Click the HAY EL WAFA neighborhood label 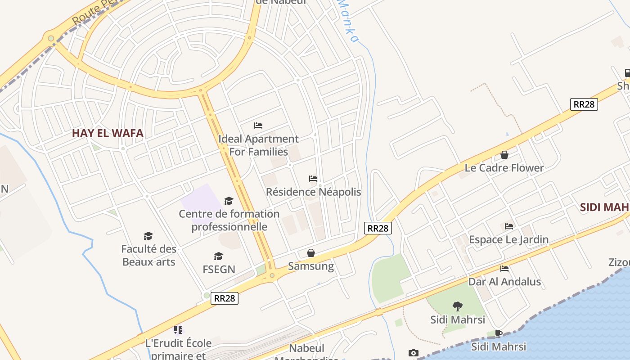[x=108, y=133]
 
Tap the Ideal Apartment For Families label [x=258, y=145]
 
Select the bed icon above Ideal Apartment [x=258, y=125]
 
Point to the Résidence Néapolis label [x=313, y=192]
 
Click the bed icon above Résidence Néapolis [x=313, y=179]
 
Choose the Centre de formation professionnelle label [x=229, y=220]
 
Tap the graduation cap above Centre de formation [x=229, y=201]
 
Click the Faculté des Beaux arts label [x=148, y=255]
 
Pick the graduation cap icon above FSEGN [x=219, y=256]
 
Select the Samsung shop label [x=311, y=266]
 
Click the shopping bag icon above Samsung [x=311, y=253]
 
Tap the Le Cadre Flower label [x=504, y=168]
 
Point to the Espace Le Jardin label [x=508, y=239]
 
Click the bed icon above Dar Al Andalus [x=504, y=269]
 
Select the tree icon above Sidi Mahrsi [x=458, y=306]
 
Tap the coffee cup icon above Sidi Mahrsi [x=498, y=333]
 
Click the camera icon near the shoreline [x=414, y=353]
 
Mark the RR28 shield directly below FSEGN [x=225, y=298]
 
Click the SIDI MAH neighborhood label [x=604, y=207]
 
